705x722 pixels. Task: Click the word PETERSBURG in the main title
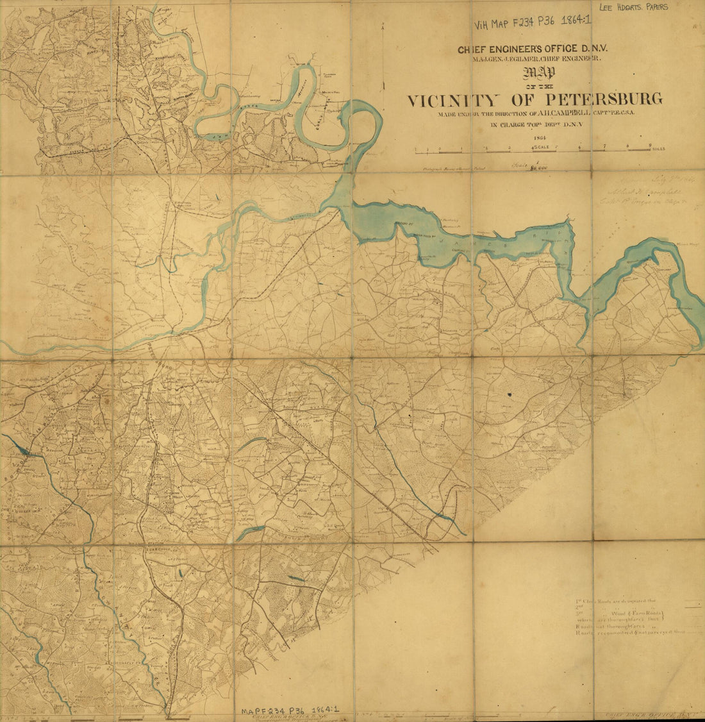coord(604,100)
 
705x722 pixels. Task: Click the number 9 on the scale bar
coord(651,145)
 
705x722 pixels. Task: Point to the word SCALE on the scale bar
coord(543,148)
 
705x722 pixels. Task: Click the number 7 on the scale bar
coord(604,146)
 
